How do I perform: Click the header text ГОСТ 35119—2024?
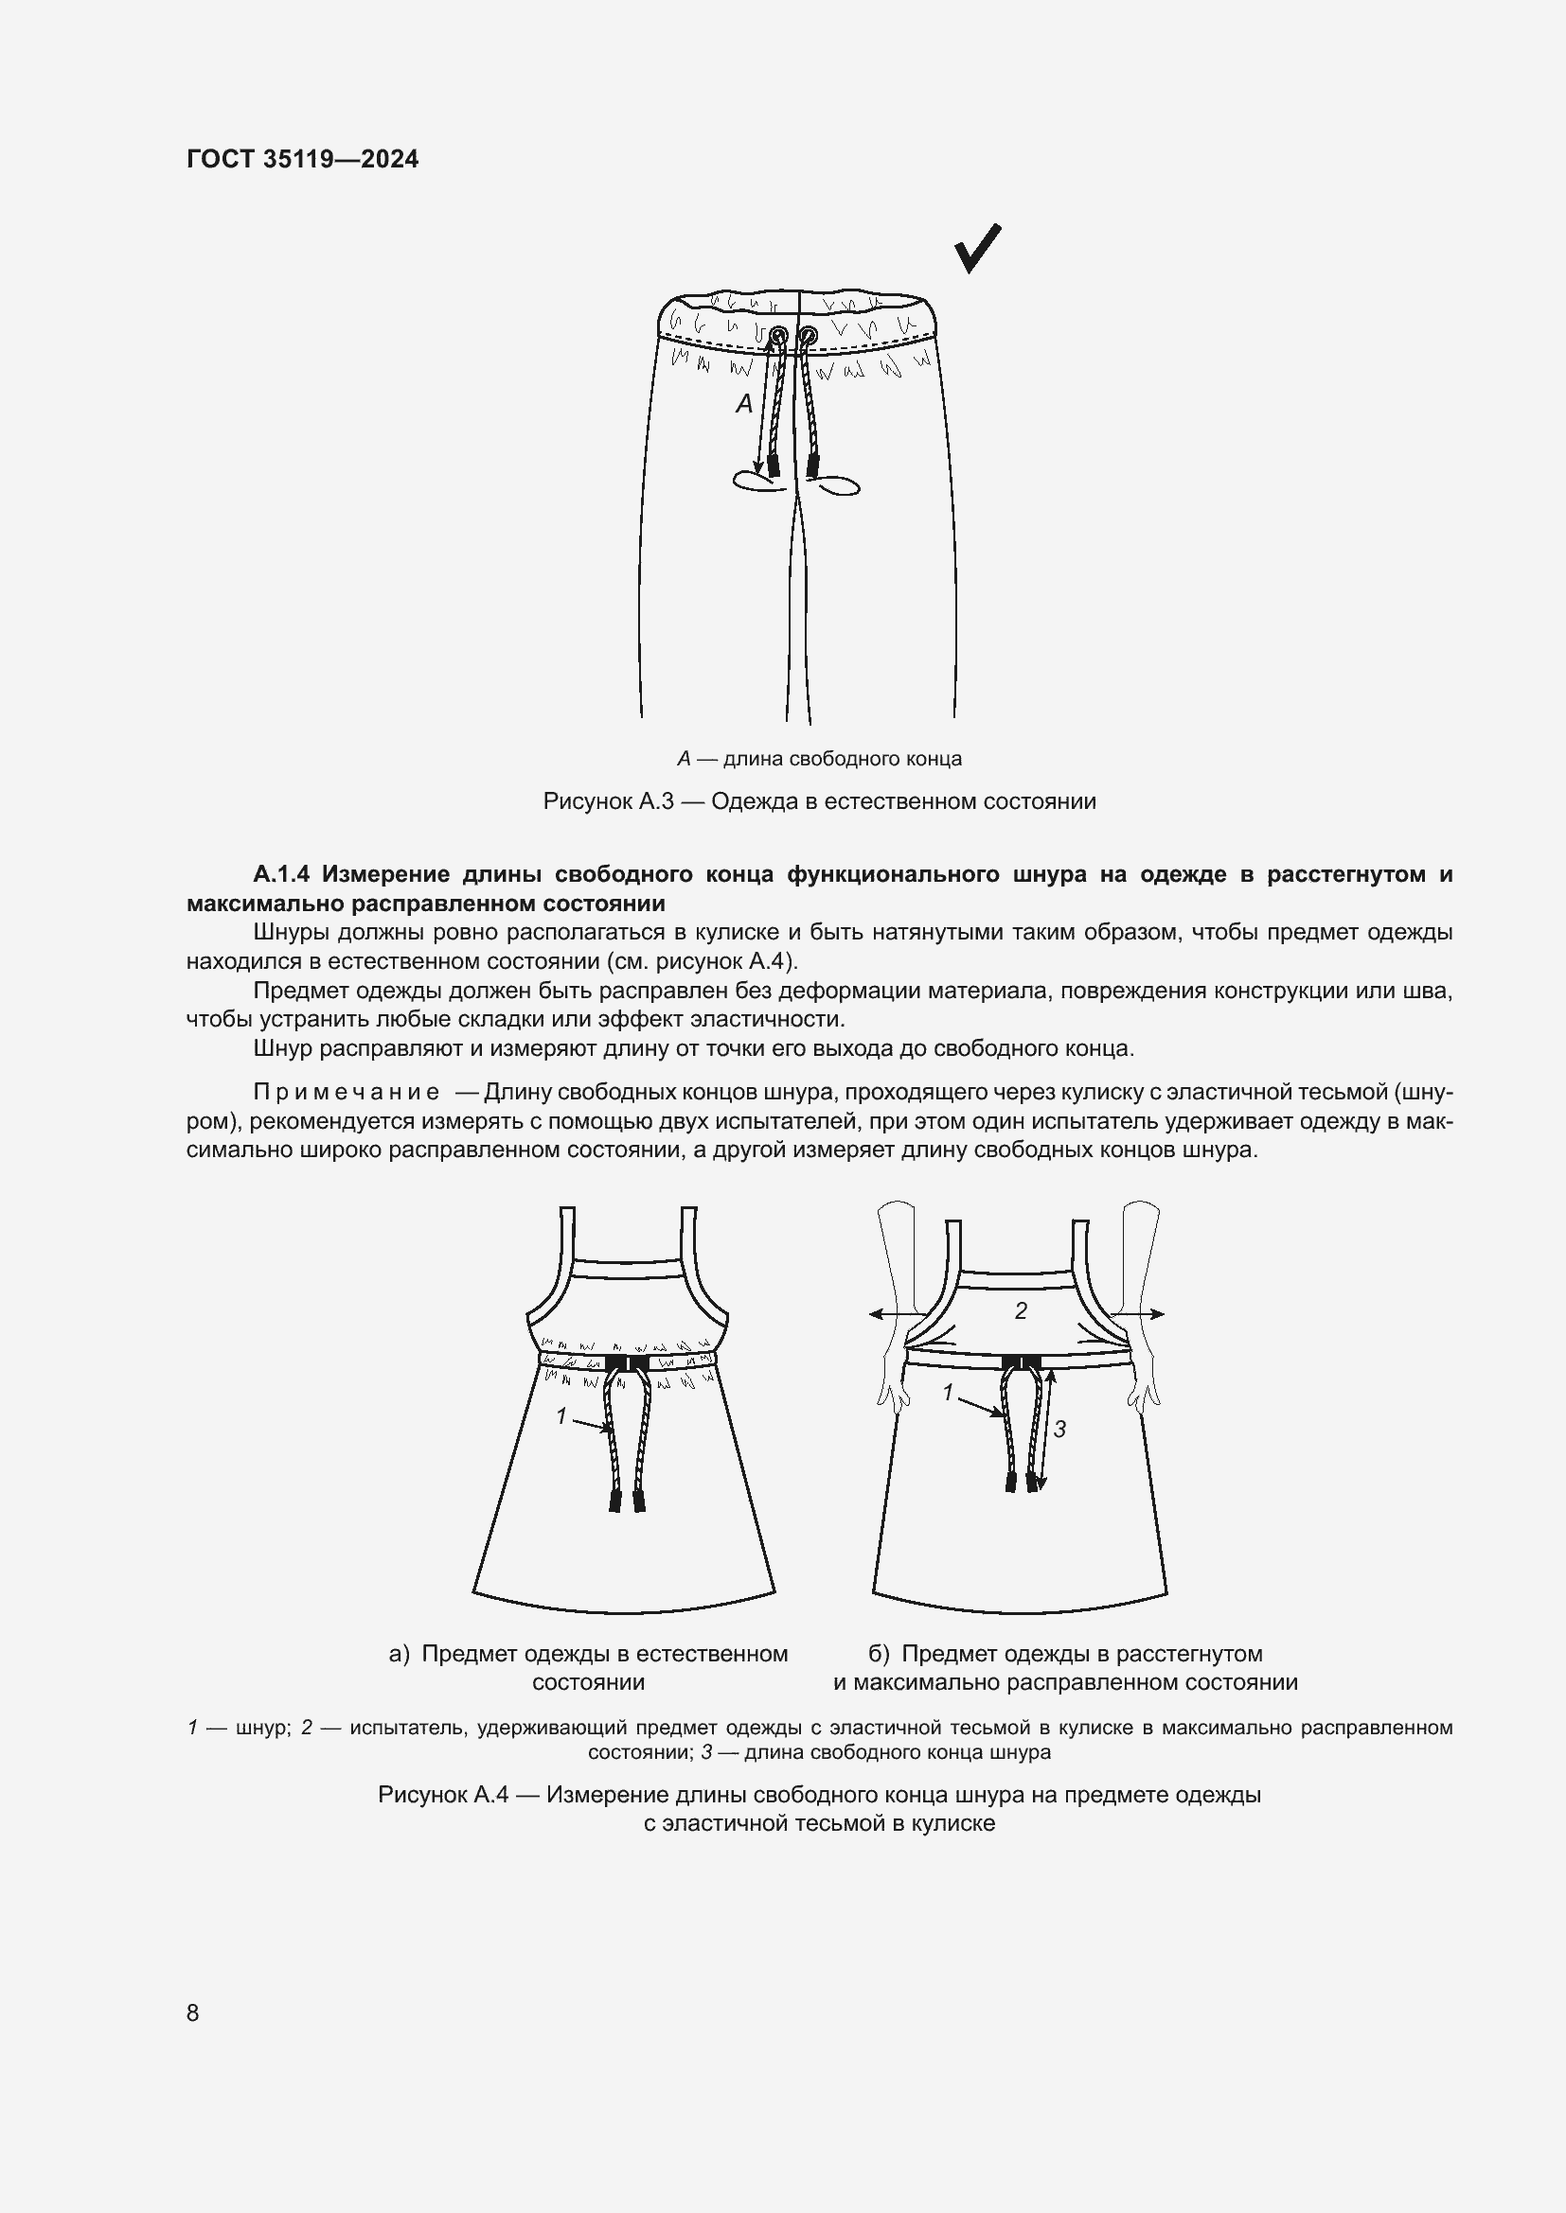coord(302,159)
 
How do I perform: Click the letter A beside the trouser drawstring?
coord(743,404)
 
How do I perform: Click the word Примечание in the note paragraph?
coord(347,1092)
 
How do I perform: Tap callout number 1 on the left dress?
coord(561,1416)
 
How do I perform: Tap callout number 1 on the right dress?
coord(947,1393)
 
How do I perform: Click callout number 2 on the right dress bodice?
coord(1021,1310)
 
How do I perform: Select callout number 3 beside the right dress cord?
coord(1059,1429)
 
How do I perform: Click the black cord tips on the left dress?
coord(627,1501)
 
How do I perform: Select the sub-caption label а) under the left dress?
coord(400,1654)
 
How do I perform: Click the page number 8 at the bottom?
coord(192,2012)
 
